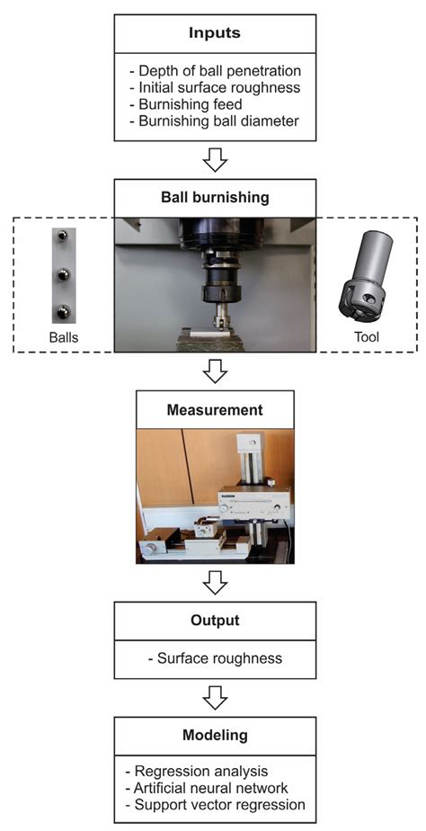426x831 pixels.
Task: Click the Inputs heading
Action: pos(215,33)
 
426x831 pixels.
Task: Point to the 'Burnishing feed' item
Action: pos(190,104)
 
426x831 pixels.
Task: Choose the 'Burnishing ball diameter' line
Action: pos(218,121)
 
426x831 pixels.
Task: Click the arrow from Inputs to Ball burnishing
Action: pos(215,159)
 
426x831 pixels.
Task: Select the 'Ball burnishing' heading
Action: pos(215,198)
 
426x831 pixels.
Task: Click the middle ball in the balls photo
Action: pos(64,274)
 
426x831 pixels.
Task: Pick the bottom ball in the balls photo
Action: pos(64,311)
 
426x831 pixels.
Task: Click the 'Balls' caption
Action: pos(64,337)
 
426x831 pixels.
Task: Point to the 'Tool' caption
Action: pos(368,337)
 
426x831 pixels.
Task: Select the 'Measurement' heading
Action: pos(215,410)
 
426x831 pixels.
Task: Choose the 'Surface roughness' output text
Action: pos(215,658)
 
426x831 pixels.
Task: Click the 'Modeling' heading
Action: pos(215,736)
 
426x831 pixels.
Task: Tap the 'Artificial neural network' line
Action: pos(211,788)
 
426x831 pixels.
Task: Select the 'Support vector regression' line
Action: pos(217,805)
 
